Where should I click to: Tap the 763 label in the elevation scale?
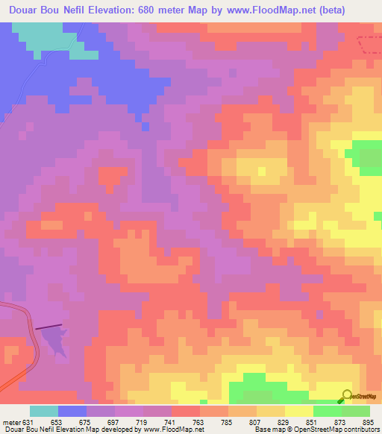(177, 422)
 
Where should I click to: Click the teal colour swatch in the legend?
(44, 411)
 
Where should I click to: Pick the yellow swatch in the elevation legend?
(299, 411)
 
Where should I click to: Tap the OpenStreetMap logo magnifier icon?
(347, 394)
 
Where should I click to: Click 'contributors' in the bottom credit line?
(360, 430)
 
